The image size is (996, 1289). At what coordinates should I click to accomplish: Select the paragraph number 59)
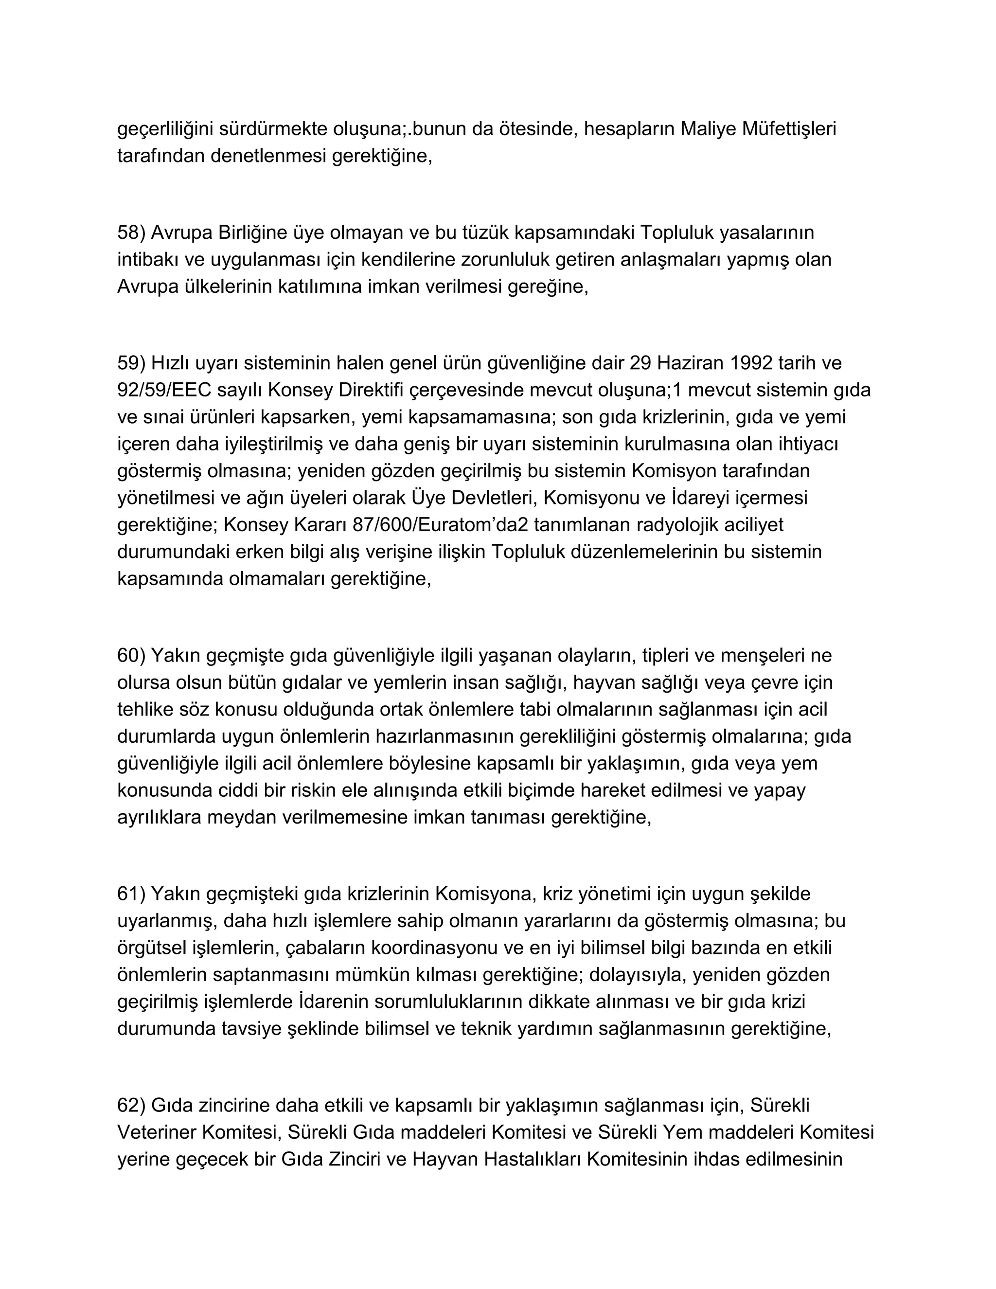coord(131,362)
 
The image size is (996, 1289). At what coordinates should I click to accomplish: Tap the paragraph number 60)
coord(131,655)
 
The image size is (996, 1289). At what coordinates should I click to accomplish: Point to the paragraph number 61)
coord(131,894)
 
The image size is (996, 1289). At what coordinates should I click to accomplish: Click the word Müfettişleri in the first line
coord(788,129)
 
